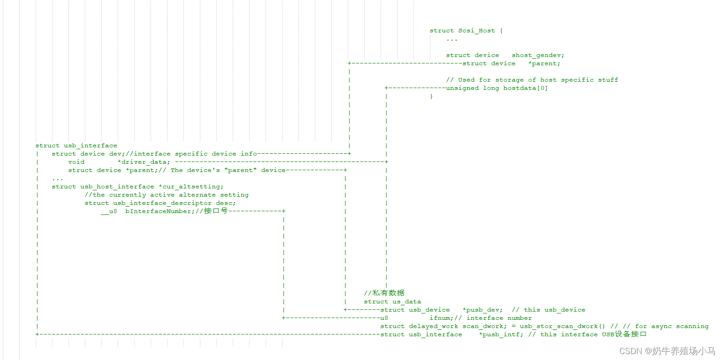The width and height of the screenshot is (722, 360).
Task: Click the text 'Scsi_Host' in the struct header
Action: point(476,31)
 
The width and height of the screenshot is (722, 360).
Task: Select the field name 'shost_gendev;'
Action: point(538,55)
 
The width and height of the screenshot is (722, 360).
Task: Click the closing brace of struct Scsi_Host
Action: point(431,96)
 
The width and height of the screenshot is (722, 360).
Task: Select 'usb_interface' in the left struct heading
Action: point(90,146)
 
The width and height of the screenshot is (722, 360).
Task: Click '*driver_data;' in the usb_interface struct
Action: point(144,162)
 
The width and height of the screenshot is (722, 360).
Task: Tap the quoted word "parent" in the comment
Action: point(241,170)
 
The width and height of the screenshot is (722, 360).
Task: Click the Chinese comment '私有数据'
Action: point(388,293)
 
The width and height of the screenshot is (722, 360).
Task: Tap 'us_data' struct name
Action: point(407,302)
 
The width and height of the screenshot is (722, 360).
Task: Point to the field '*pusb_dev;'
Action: point(482,310)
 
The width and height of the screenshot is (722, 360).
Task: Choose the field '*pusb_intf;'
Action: point(501,334)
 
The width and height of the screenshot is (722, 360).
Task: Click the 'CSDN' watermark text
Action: point(630,351)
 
